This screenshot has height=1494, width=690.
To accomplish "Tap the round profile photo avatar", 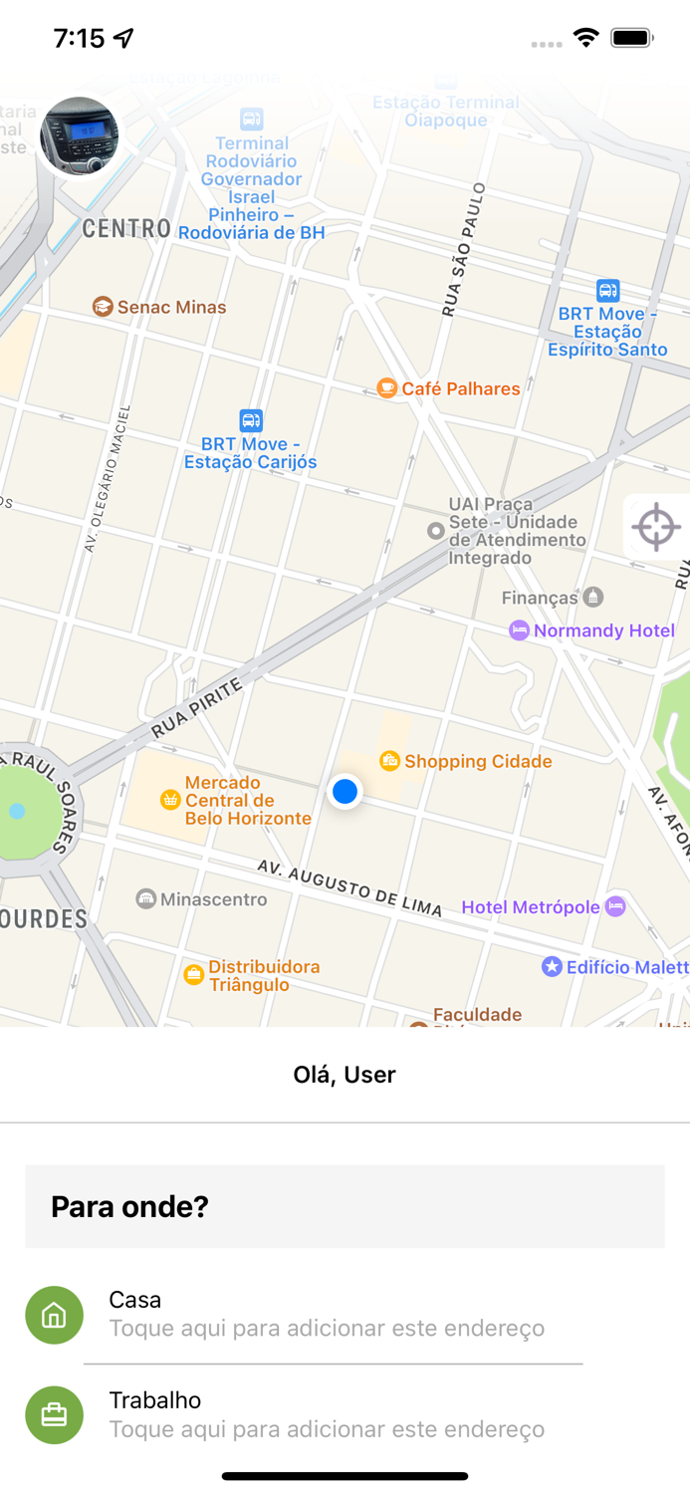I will [x=79, y=136].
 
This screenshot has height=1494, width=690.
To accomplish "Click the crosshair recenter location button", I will [x=656, y=527].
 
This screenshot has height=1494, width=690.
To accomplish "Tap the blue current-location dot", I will [x=345, y=791].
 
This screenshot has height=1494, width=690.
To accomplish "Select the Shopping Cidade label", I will [x=478, y=762].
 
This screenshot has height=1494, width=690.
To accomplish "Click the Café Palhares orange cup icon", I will [x=387, y=388].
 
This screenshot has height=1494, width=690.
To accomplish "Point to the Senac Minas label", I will [x=171, y=308].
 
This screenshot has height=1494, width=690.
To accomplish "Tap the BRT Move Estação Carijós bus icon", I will [x=251, y=420].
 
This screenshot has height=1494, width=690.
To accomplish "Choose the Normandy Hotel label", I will [x=603, y=630].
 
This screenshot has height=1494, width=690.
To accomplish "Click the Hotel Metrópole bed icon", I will [x=615, y=906].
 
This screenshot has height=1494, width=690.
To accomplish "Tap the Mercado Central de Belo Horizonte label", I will [x=248, y=801].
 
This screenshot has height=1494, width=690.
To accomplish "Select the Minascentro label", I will [x=213, y=899].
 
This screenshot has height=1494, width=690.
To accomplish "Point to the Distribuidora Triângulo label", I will [x=263, y=976].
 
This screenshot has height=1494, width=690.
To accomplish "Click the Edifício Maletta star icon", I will [x=552, y=966].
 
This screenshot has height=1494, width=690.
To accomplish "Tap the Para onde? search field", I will [x=345, y=1206].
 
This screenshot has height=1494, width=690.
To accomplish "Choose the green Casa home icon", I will [x=54, y=1315].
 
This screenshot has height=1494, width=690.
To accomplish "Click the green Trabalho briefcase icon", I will [x=54, y=1414].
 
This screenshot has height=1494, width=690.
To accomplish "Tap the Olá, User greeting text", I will [x=345, y=1075].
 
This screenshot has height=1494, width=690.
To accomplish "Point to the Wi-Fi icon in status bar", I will [x=585, y=38].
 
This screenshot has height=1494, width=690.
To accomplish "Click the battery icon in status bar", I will [x=631, y=38].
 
